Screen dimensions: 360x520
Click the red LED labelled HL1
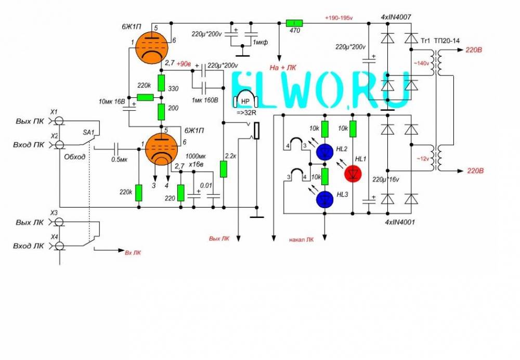[x=353, y=173]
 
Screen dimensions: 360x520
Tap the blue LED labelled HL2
[x=325, y=151]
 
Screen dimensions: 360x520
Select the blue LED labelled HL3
[x=325, y=198]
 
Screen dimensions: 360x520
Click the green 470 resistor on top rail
[x=294, y=23]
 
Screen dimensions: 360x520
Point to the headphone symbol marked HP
[x=244, y=101]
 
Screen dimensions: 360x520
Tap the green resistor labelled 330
[x=161, y=82]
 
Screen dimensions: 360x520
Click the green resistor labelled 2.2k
[x=224, y=169]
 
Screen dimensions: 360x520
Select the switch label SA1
[x=88, y=133]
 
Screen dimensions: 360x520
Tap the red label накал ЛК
[x=302, y=240]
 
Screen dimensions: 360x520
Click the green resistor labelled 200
[x=161, y=111]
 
